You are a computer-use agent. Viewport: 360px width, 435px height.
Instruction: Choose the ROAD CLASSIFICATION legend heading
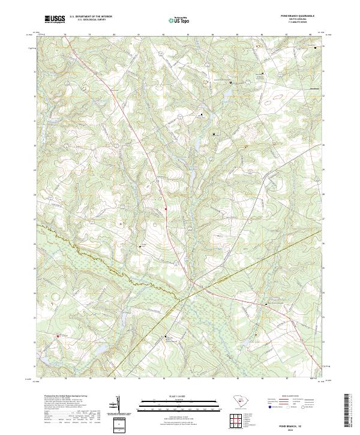point(286,396)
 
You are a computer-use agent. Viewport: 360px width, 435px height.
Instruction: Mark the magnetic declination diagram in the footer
point(118,407)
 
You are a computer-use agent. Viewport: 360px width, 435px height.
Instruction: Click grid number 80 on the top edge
point(114,35)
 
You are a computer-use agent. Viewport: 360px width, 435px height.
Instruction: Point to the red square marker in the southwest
point(58,335)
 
